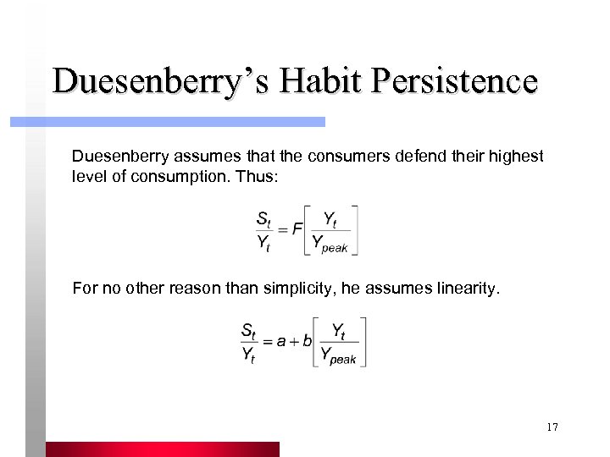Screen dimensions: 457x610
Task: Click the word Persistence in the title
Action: [457, 81]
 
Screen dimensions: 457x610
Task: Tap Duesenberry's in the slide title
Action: [164, 81]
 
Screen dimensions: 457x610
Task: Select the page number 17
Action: [552, 427]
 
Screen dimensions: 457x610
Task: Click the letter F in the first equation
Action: [297, 229]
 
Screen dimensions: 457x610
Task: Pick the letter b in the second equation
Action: [308, 341]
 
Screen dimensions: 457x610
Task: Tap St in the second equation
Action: [249, 329]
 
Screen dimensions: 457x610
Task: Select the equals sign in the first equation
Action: [284, 229]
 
